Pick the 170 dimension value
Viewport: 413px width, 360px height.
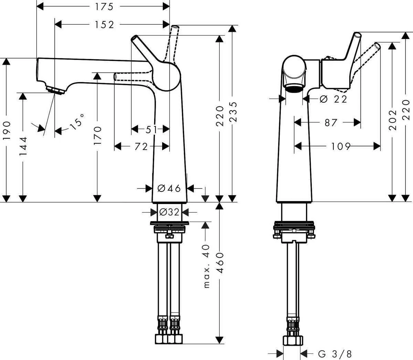pyautogui.click(x=97, y=135)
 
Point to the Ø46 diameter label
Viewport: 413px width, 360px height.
pyautogui.click(x=169, y=188)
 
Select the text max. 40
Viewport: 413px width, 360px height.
pyautogui.click(x=206, y=266)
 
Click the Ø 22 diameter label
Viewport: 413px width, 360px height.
pyautogui.click(x=333, y=99)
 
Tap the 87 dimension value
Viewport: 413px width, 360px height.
pyautogui.click(x=331, y=122)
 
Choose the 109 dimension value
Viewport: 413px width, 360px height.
pyautogui.click(x=341, y=147)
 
